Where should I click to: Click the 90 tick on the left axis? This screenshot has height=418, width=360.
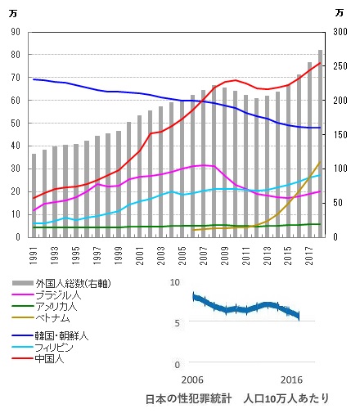coord(16,32)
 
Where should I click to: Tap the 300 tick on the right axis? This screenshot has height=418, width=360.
coord(340,32)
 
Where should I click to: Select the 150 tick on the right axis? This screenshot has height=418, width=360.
coord(340,135)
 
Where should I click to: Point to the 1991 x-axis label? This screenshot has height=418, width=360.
coord(34,255)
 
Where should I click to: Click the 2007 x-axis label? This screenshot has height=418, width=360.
coord(204,255)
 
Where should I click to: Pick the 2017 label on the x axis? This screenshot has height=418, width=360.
coord(310,255)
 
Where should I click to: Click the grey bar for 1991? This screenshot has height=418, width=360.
coord(34,196)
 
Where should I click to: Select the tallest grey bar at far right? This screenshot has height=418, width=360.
coord(321,143)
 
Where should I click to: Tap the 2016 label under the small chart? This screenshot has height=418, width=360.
coord(291,380)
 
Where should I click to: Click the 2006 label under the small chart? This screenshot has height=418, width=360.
coord(192,380)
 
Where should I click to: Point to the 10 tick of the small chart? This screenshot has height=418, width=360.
coord(175,282)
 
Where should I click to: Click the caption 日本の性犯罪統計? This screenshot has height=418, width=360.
coord(189,399)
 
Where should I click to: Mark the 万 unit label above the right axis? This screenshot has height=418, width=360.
coord(340,13)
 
